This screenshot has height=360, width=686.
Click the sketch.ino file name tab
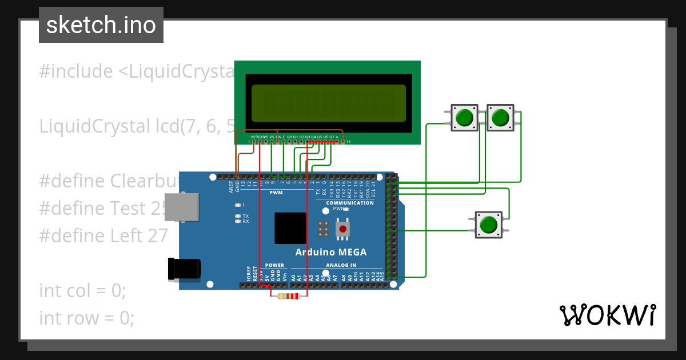point(101,25)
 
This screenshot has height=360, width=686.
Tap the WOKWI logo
point(607,315)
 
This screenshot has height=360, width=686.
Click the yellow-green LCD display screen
point(328,103)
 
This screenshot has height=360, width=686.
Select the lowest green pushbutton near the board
point(488,224)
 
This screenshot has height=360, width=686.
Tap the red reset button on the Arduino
point(342,230)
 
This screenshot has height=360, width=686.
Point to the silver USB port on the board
point(184,207)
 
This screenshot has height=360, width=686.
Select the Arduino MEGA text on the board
point(330,252)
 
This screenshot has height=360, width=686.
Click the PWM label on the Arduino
point(276,193)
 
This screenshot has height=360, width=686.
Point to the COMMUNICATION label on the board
point(350,203)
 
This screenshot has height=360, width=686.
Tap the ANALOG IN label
point(341,265)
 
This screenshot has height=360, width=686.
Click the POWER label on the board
point(274,265)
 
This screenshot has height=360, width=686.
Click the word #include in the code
point(76,71)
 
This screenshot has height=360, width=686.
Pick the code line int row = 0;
point(87,318)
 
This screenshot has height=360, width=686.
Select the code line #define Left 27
point(103,236)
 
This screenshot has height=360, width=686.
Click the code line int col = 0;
point(82,290)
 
